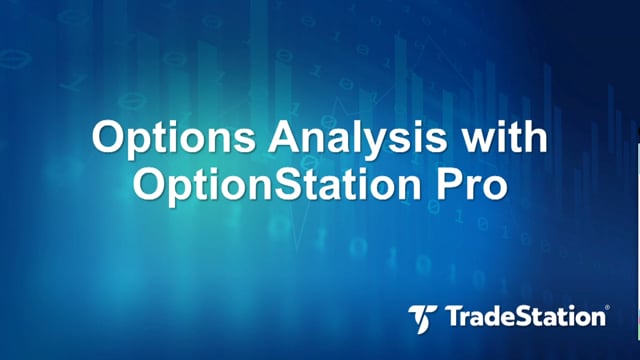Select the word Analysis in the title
coord(357,136)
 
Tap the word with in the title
coord(503,136)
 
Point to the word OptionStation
coord(277,184)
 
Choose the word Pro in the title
coord(472,182)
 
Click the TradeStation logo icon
coord(422,319)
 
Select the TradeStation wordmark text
coord(525,317)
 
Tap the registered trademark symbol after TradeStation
coord(608,307)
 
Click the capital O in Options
coord(109,136)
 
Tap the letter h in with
coord(535,136)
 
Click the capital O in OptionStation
coord(149,183)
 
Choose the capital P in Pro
coord(451,183)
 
